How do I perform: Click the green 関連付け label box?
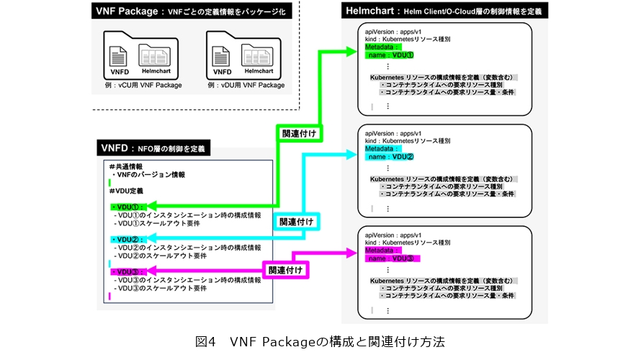pos(299,134)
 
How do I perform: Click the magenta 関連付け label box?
pos(284,269)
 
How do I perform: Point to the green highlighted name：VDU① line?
pos(392,55)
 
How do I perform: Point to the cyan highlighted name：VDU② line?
pos(392,156)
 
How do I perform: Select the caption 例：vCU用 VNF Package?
pos(141,85)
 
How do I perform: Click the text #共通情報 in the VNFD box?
pos(125,166)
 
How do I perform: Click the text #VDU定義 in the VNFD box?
pos(126,191)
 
